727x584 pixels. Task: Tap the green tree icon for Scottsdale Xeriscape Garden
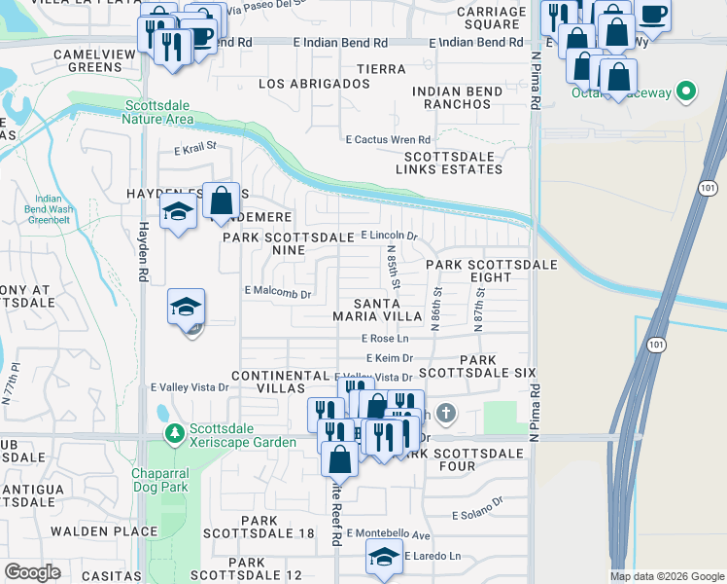pos(174,433)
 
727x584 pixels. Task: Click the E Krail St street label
pos(194,150)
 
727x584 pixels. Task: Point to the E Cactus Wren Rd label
pos(388,139)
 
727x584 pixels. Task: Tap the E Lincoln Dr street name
pos(389,236)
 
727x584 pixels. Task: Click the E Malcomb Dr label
pos(277,292)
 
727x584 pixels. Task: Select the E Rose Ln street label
pos(385,339)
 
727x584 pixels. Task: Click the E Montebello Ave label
pos(394,535)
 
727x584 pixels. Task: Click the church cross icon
pos(446,415)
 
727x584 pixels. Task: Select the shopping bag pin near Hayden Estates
pos(222,202)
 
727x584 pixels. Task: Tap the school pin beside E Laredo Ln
pos(384,557)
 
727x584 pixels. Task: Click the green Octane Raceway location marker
pos(687,93)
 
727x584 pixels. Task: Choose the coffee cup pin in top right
pos(652,16)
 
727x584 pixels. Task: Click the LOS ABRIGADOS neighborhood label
pos(314,85)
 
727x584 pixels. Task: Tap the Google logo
pos(33,572)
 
